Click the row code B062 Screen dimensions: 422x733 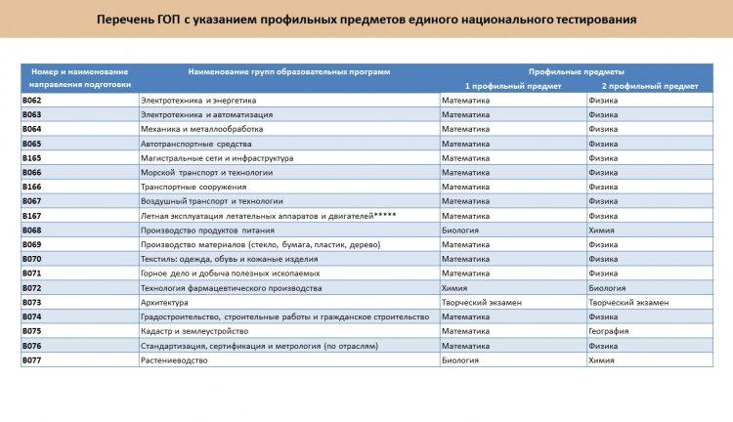[x=32, y=100]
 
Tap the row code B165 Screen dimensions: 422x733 [x=32, y=157]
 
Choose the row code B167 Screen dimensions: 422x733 [x=32, y=216]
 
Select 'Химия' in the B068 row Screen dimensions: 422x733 [x=601, y=231]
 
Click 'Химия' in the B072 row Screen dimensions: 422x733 [x=454, y=288]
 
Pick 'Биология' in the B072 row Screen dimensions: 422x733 [x=607, y=288]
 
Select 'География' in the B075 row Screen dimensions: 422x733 [x=609, y=331]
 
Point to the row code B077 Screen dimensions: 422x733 [x=32, y=360]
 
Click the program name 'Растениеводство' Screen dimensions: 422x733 [x=174, y=360]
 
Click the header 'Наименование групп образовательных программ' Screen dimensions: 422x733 [x=289, y=71]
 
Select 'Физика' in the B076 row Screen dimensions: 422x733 [x=603, y=346]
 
